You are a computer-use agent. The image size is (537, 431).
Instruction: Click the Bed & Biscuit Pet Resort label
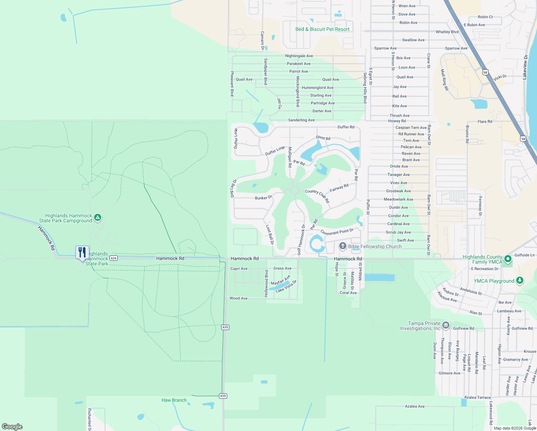pos(322,29)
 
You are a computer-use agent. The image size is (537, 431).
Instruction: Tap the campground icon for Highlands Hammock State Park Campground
pos(98,218)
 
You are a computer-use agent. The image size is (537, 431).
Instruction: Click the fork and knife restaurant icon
pos(82,252)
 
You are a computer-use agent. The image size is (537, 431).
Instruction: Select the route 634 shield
pos(113,258)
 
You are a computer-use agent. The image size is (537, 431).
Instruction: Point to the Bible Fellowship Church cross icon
pos(343,246)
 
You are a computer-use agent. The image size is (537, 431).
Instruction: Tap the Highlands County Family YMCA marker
pos(508,259)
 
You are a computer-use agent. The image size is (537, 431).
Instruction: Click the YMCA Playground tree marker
pos(519,281)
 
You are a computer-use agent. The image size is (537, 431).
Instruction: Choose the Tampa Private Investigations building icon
pos(445,325)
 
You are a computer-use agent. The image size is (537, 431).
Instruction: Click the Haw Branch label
pos(174,400)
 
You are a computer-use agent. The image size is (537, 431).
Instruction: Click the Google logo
pos(12,426)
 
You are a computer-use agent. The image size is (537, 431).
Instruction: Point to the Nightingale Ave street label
pos(299,56)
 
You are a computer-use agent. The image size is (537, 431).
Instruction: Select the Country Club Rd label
pos(317,196)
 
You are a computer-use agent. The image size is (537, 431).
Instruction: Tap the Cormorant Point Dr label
pos(337,232)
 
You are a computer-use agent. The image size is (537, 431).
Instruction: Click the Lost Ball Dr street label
pos(270,235)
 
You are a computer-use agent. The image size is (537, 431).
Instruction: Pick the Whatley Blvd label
pos(447,32)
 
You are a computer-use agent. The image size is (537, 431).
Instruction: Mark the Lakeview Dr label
pos(525,67)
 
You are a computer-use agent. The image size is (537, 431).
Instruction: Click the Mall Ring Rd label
pos(444,80)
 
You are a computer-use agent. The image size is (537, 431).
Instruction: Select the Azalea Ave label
pos(415,406)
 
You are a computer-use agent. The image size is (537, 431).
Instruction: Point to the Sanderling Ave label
pos(301,120)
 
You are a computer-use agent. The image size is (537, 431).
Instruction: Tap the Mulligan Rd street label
pos(290,157)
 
